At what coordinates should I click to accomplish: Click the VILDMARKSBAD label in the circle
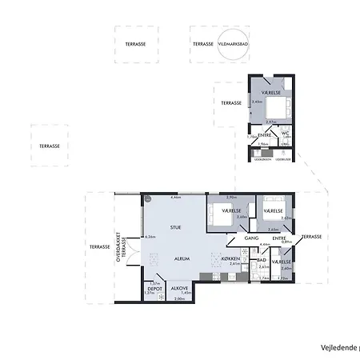[231, 45]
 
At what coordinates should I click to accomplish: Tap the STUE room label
[175, 227]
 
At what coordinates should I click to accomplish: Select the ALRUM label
[182, 259]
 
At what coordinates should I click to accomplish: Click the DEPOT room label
[156, 288]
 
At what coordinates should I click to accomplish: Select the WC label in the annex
[286, 132]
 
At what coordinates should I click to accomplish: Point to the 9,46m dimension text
[174, 197]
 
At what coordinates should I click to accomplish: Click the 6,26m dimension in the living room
[150, 237]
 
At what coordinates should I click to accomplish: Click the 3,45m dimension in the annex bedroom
[257, 102]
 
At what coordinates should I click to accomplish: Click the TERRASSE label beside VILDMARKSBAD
[203, 45]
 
